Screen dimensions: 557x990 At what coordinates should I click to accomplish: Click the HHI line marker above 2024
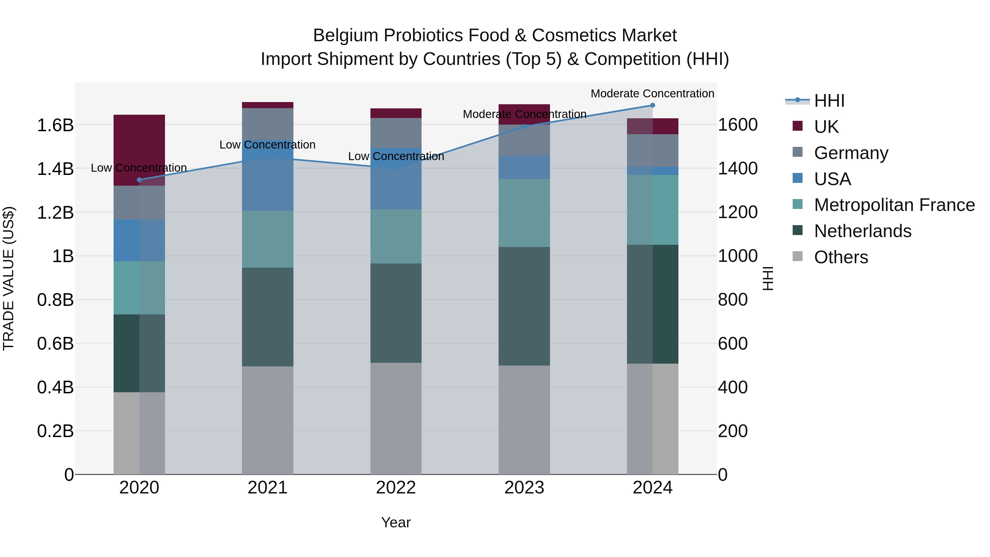click(x=652, y=105)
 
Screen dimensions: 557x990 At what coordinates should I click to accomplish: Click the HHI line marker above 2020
click(x=139, y=180)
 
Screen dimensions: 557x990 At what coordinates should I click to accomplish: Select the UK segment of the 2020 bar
click(x=139, y=150)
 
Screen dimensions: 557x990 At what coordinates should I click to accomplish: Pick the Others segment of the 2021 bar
click(x=268, y=420)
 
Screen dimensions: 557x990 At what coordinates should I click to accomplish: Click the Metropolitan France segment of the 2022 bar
click(x=396, y=236)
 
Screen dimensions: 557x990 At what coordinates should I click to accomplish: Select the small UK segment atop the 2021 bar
click(x=268, y=105)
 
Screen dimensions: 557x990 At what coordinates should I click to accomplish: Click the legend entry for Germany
click(x=851, y=153)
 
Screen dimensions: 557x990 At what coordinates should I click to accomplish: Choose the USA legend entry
click(x=832, y=179)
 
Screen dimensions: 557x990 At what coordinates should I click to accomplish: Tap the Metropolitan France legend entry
click(x=894, y=205)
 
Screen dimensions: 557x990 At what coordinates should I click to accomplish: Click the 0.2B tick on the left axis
click(x=55, y=431)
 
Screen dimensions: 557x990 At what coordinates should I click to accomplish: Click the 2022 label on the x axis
click(x=396, y=488)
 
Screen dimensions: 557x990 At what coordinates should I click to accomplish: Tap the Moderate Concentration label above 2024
click(x=652, y=94)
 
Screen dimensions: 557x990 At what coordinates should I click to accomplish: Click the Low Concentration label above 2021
click(x=268, y=145)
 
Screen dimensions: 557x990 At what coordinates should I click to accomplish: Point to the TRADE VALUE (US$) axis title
click(x=9, y=278)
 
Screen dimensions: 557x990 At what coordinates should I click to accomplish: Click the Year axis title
click(x=396, y=522)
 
